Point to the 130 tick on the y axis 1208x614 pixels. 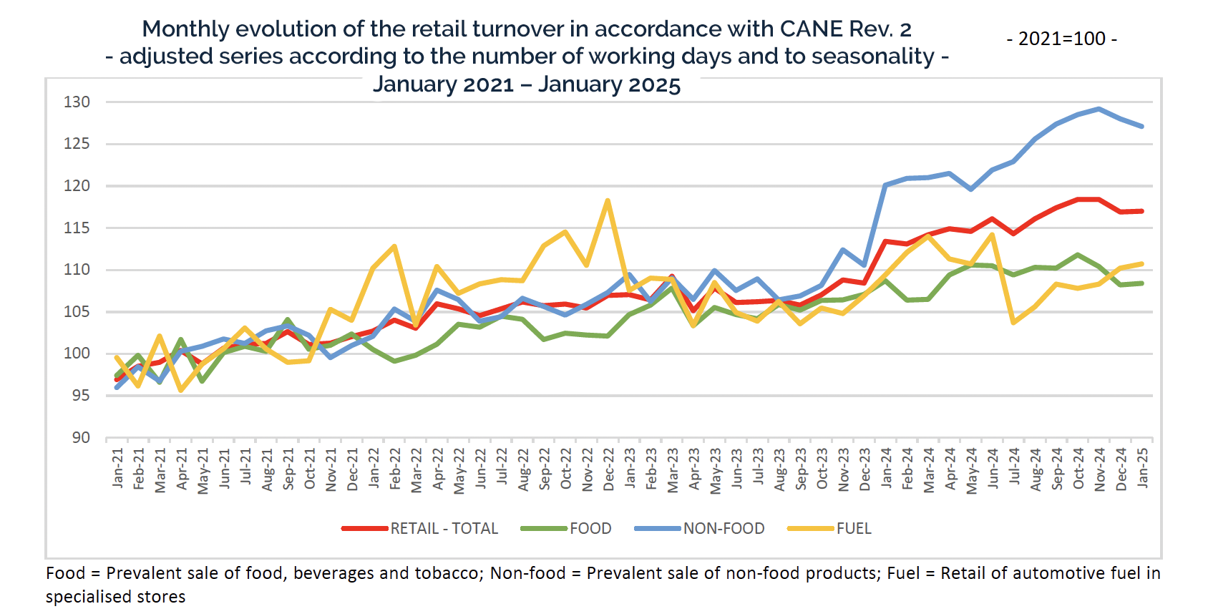[77, 102]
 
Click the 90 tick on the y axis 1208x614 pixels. [81, 437]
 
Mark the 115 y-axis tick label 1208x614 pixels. [77, 228]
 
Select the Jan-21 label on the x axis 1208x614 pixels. [118, 468]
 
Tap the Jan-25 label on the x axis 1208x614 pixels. [1143, 468]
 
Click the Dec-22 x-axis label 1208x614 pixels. [609, 469]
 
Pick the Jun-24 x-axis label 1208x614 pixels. [993, 469]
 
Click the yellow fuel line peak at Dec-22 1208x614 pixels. [608, 200]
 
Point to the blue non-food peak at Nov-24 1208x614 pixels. [1099, 109]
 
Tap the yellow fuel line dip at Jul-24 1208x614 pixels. [1014, 322]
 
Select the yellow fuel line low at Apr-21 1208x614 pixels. [181, 390]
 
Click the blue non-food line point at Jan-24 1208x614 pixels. [885, 185]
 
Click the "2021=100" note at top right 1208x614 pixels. [1062, 39]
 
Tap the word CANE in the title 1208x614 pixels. [811, 29]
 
